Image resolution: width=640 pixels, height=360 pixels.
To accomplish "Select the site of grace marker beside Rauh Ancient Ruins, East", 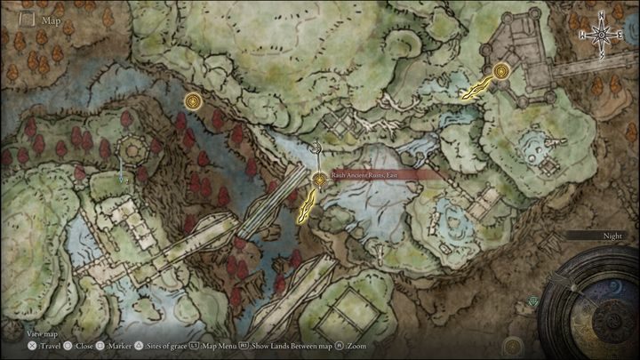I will pos(319,180).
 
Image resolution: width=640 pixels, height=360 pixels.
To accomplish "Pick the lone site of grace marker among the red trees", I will pos(192,102).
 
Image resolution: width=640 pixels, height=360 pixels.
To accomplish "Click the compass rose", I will pos(602,34).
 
